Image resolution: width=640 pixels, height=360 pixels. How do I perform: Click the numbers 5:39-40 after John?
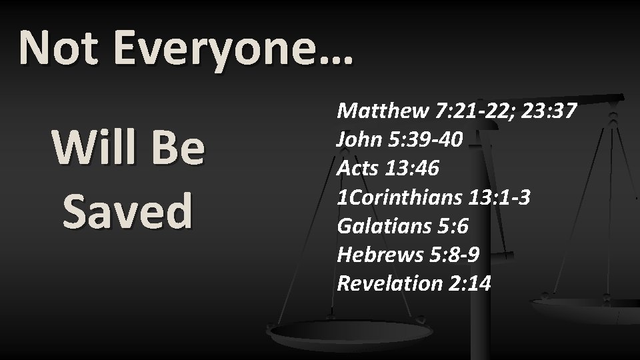[424, 139]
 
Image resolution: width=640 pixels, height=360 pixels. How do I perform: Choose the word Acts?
[358, 169]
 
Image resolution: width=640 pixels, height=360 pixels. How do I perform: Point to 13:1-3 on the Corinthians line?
[500, 197]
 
